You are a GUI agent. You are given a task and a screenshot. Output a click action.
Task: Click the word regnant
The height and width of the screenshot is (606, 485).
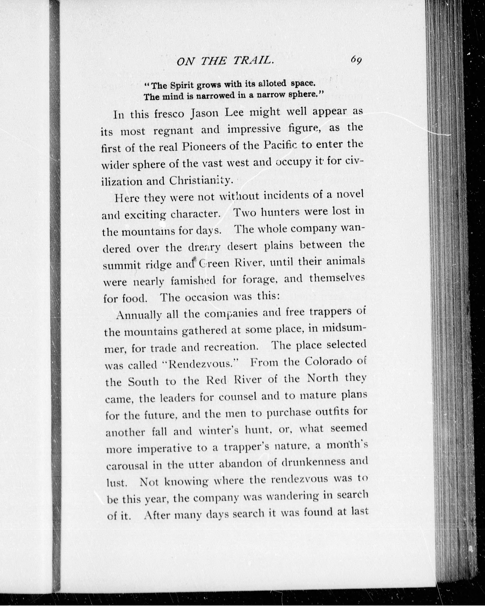tap(174, 131)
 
